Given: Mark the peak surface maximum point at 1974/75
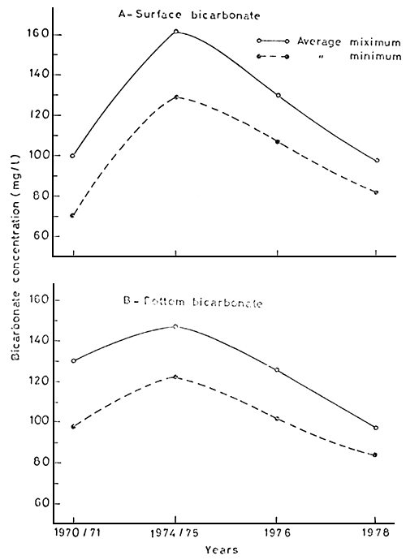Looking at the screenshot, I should click(x=175, y=32).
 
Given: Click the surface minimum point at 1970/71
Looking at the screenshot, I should click(x=73, y=216).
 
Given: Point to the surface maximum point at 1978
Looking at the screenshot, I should click(x=376, y=161).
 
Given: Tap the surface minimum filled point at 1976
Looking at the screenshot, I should click(x=277, y=142).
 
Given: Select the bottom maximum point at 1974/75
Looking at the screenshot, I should click(x=175, y=326).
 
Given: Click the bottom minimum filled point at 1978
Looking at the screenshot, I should click(x=376, y=454).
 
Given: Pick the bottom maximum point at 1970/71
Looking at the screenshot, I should click(x=73, y=361).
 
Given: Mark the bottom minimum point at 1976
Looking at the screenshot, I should click(x=277, y=419).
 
